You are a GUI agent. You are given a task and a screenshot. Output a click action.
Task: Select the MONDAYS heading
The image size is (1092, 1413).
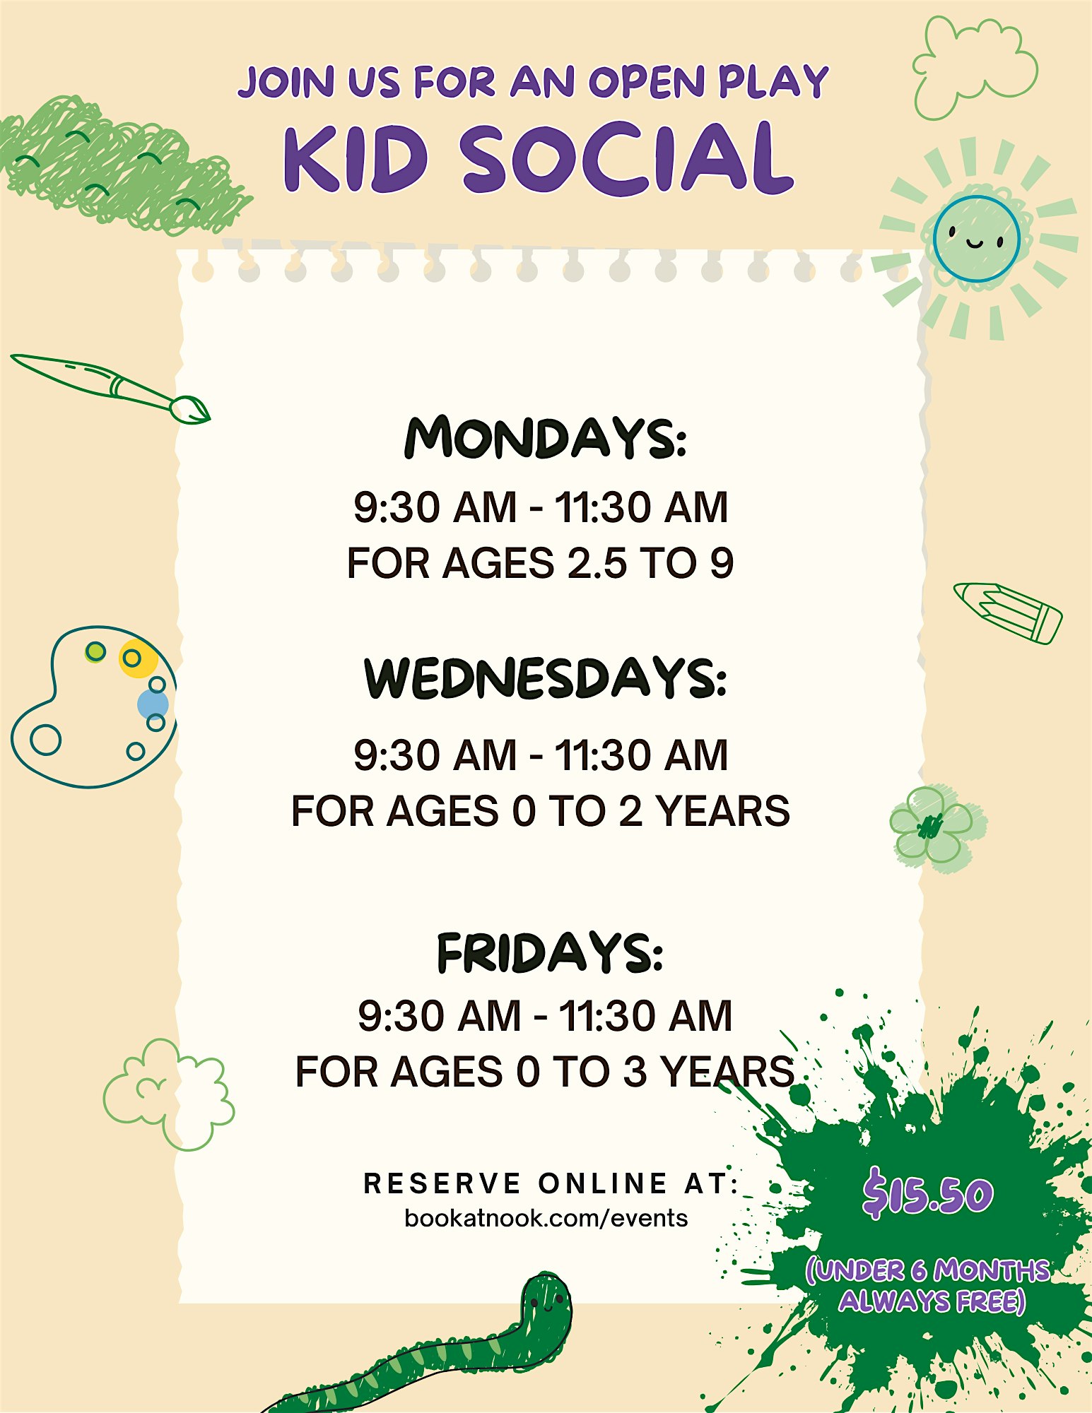pyautogui.click(x=545, y=438)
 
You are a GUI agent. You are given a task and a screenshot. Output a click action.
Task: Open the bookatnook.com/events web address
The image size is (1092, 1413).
pyautogui.click(x=546, y=1219)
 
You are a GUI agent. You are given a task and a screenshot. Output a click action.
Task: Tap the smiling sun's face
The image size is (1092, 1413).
pyautogui.click(x=976, y=239)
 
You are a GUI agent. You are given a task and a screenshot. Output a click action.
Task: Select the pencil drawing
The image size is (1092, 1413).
pyautogui.click(x=1008, y=613)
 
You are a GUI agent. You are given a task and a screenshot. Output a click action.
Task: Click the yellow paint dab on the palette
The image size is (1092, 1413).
pyautogui.click(x=137, y=658)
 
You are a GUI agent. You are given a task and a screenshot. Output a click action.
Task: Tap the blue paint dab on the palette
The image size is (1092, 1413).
pyautogui.click(x=152, y=704)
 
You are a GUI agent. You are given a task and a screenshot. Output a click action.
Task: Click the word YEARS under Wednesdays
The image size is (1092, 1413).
pyautogui.click(x=722, y=811)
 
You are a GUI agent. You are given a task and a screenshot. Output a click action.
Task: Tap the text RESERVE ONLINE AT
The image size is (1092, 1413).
pyautogui.click(x=551, y=1183)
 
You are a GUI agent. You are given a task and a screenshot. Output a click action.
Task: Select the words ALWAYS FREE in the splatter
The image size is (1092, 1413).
pyautogui.click(x=932, y=1301)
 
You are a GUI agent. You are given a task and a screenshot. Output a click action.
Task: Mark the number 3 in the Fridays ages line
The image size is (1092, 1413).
pyautogui.click(x=635, y=1072)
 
